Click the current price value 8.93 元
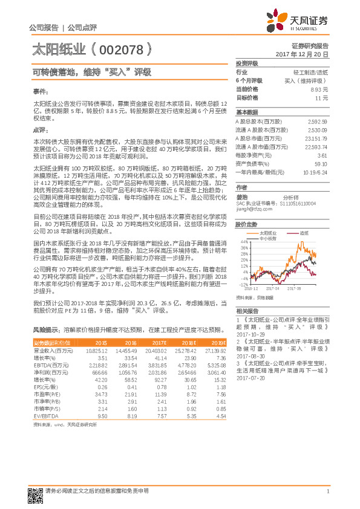coord(319,89)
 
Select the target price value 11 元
coord(321,97)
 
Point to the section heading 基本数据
coord(246,112)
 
